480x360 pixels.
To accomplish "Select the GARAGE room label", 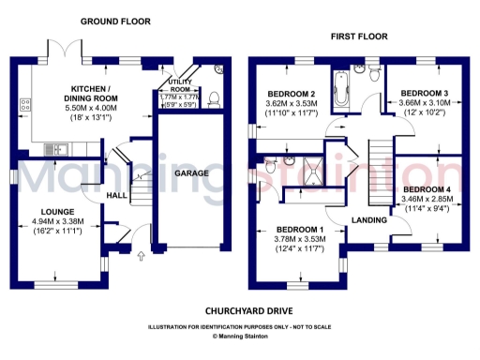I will click(191, 173).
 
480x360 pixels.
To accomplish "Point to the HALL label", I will click(117, 195).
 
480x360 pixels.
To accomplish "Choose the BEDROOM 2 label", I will click(291, 95).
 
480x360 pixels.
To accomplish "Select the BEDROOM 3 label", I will click(424, 94).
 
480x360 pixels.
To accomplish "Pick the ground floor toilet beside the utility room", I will click(214, 97).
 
